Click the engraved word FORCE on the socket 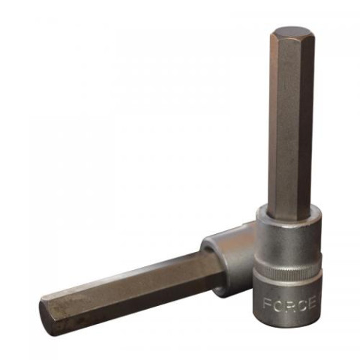(x=289, y=304)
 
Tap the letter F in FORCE (x=266, y=304)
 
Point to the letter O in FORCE (x=277, y=304)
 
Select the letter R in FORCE (x=289, y=304)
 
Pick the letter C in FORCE (x=301, y=304)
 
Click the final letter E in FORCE (x=312, y=304)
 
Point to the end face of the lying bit (x=45, y=316)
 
